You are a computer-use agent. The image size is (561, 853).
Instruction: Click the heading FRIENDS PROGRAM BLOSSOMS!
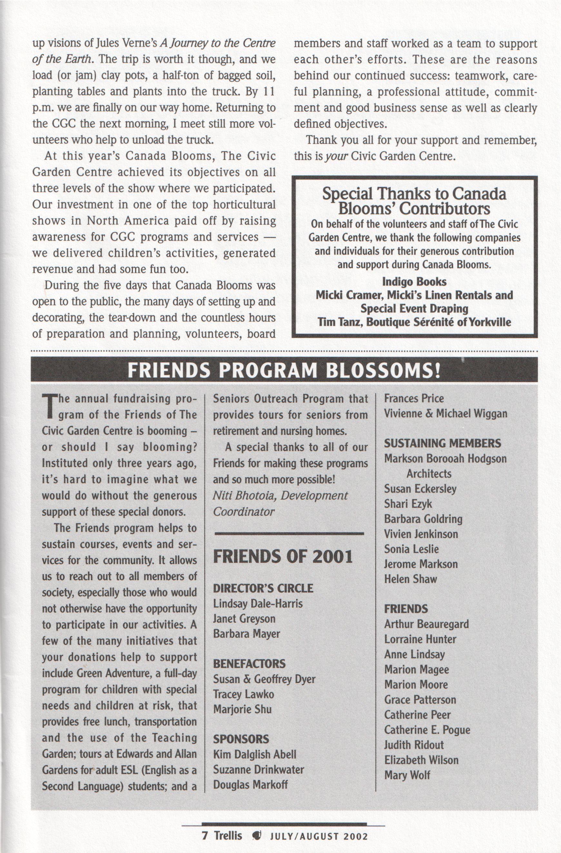283,371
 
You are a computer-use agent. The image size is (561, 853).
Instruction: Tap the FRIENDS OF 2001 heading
283,557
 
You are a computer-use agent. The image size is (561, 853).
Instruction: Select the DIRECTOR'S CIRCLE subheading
263,588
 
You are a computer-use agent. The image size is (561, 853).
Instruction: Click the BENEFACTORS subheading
249,664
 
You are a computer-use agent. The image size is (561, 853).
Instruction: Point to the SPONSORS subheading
241,739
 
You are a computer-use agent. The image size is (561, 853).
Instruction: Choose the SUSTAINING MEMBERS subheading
442,444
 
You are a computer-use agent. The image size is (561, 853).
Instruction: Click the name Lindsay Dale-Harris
258,604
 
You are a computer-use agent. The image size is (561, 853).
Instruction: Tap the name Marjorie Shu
242,709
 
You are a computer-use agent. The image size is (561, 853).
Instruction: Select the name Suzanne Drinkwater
259,769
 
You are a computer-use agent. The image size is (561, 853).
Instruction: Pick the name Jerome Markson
421,564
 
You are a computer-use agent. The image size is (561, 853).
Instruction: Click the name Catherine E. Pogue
427,730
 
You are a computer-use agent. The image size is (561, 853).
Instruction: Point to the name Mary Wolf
407,775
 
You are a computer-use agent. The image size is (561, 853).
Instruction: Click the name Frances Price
414,399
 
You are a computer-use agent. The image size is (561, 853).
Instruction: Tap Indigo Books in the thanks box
414,282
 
